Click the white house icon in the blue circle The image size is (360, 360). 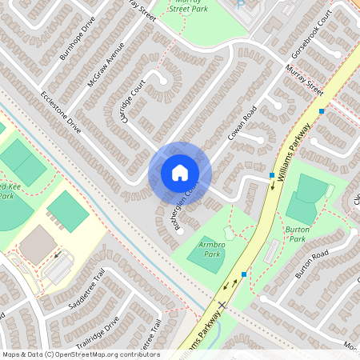[x=180, y=173]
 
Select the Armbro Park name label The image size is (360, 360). [x=211, y=249]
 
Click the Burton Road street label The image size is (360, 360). [x=311, y=263]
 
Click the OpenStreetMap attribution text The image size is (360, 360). [x=81, y=354]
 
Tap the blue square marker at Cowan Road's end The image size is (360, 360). [x=272, y=174]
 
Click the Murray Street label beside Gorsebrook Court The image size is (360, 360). [x=305, y=81]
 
